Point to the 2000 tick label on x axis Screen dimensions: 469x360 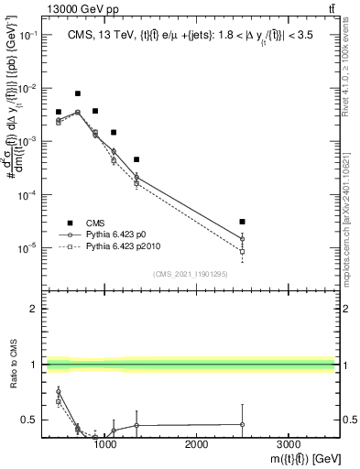click(197, 443)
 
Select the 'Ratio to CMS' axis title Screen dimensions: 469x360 click(10, 364)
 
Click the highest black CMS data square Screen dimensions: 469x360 click(78, 93)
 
